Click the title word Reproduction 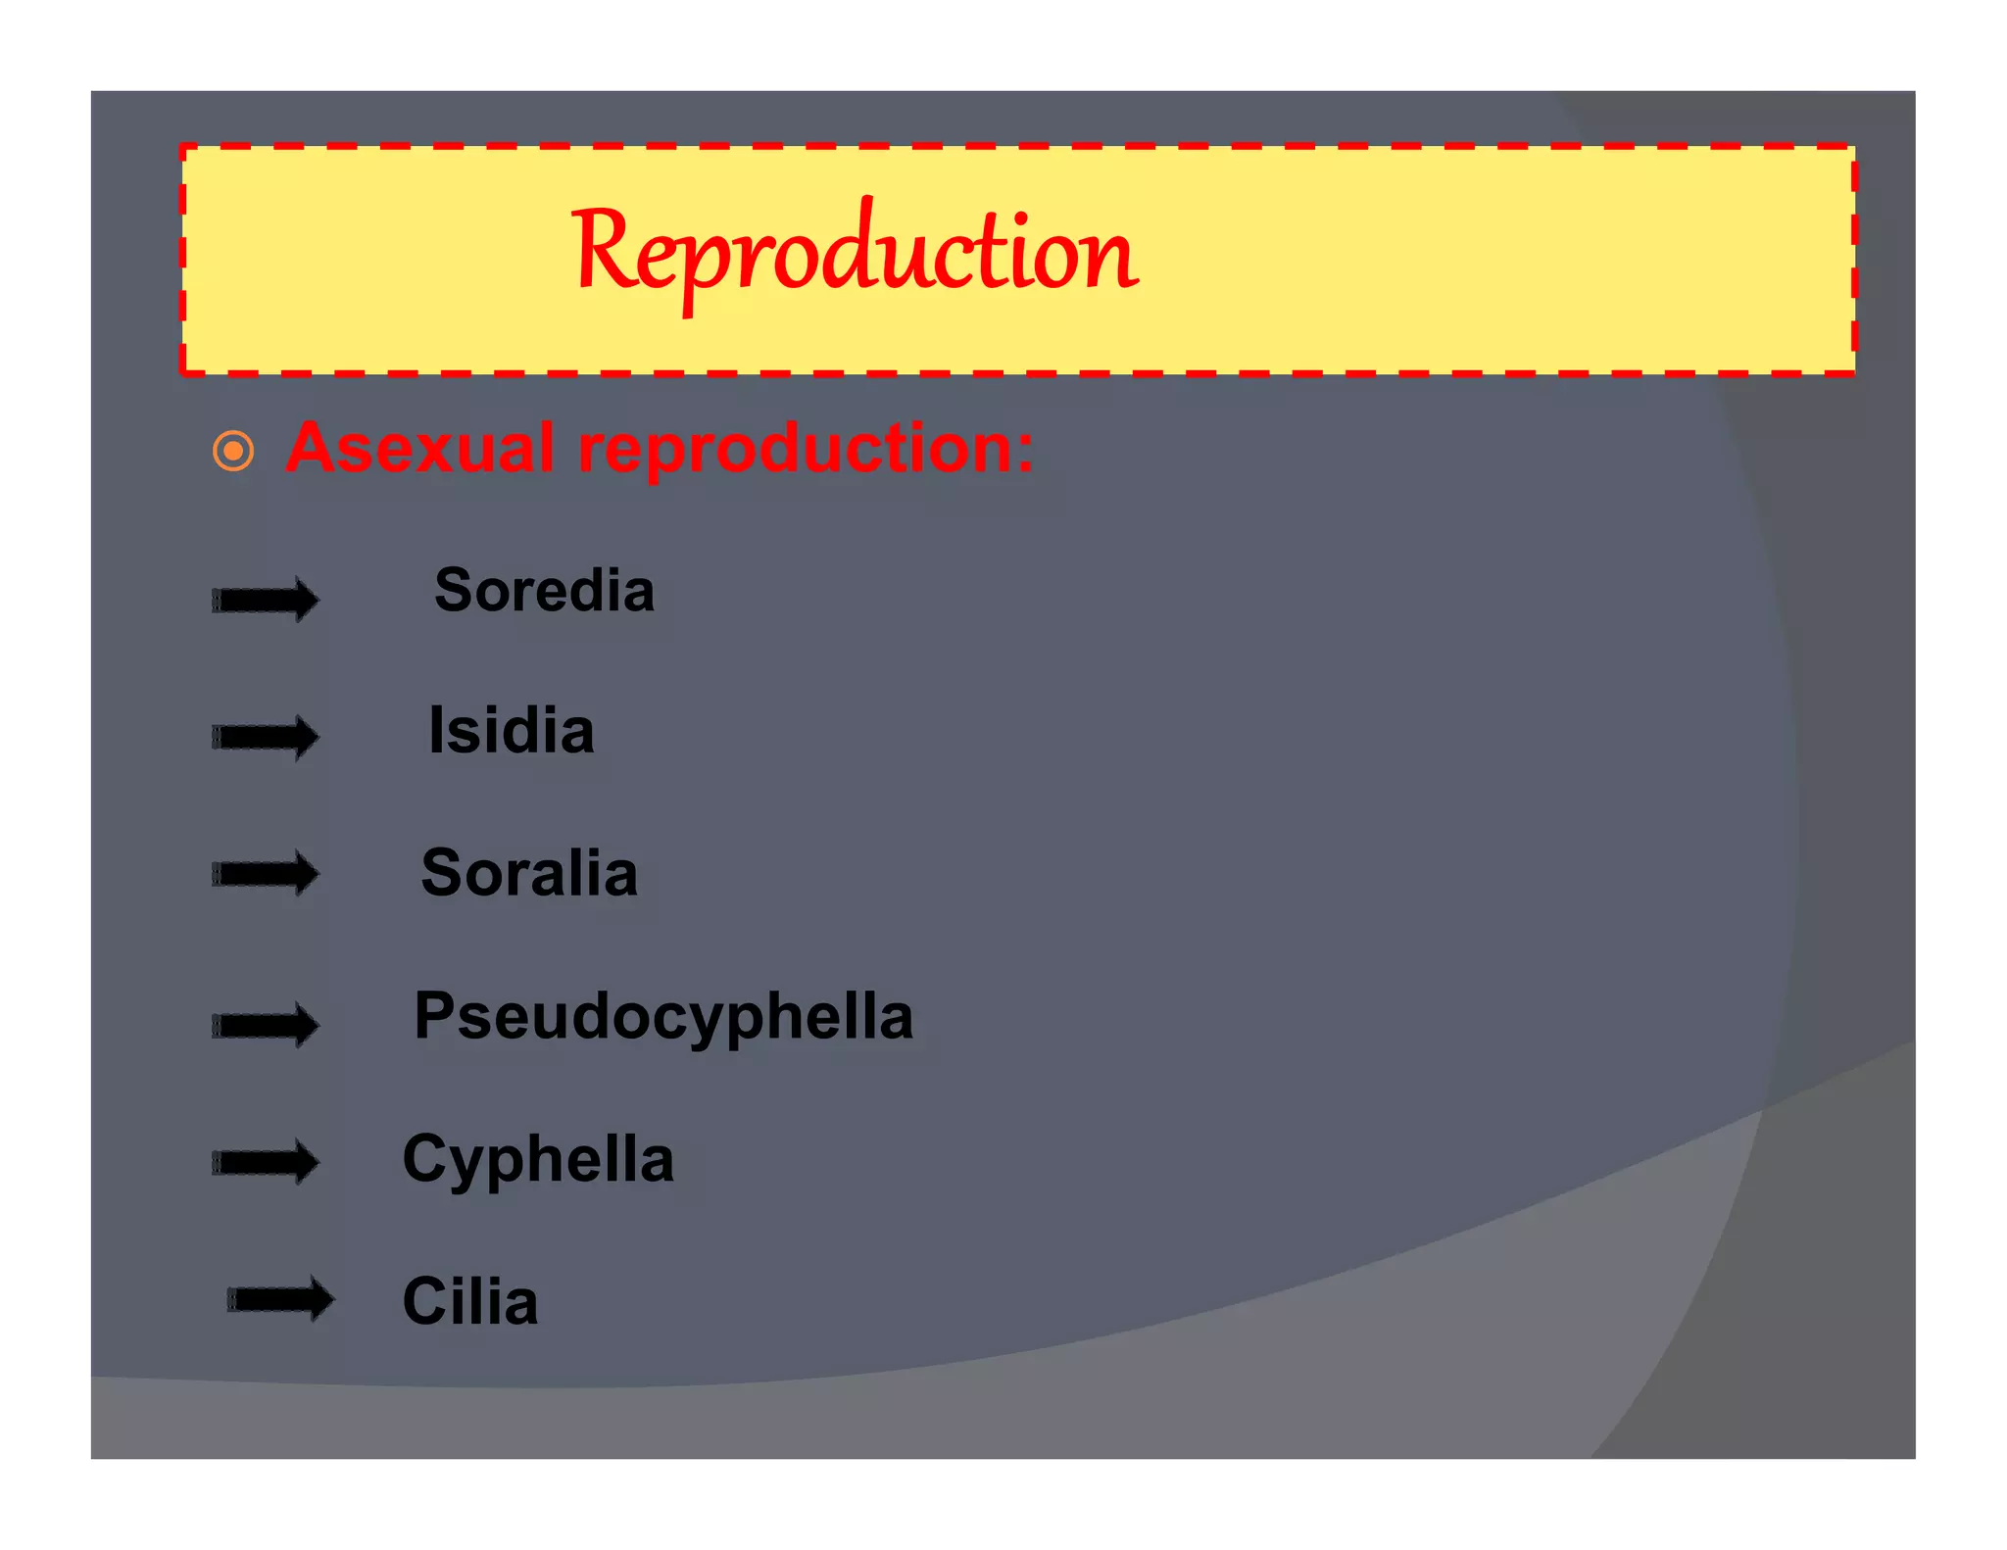tap(855, 253)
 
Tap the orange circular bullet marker tap(233, 452)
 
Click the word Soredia tap(544, 591)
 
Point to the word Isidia tap(512, 731)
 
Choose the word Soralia tap(529, 873)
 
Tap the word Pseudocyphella tap(663, 1016)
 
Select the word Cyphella tap(538, 1160)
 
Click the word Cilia tap(470, 1302)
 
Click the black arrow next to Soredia tap(266, 600)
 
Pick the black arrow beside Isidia tap(266, 737)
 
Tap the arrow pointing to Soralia tap(266, 873)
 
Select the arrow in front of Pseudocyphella tap(266, 1026)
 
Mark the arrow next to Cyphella tap(266, 1163)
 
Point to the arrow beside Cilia tap(280, 1299)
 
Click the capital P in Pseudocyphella tap(434, 1015)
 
